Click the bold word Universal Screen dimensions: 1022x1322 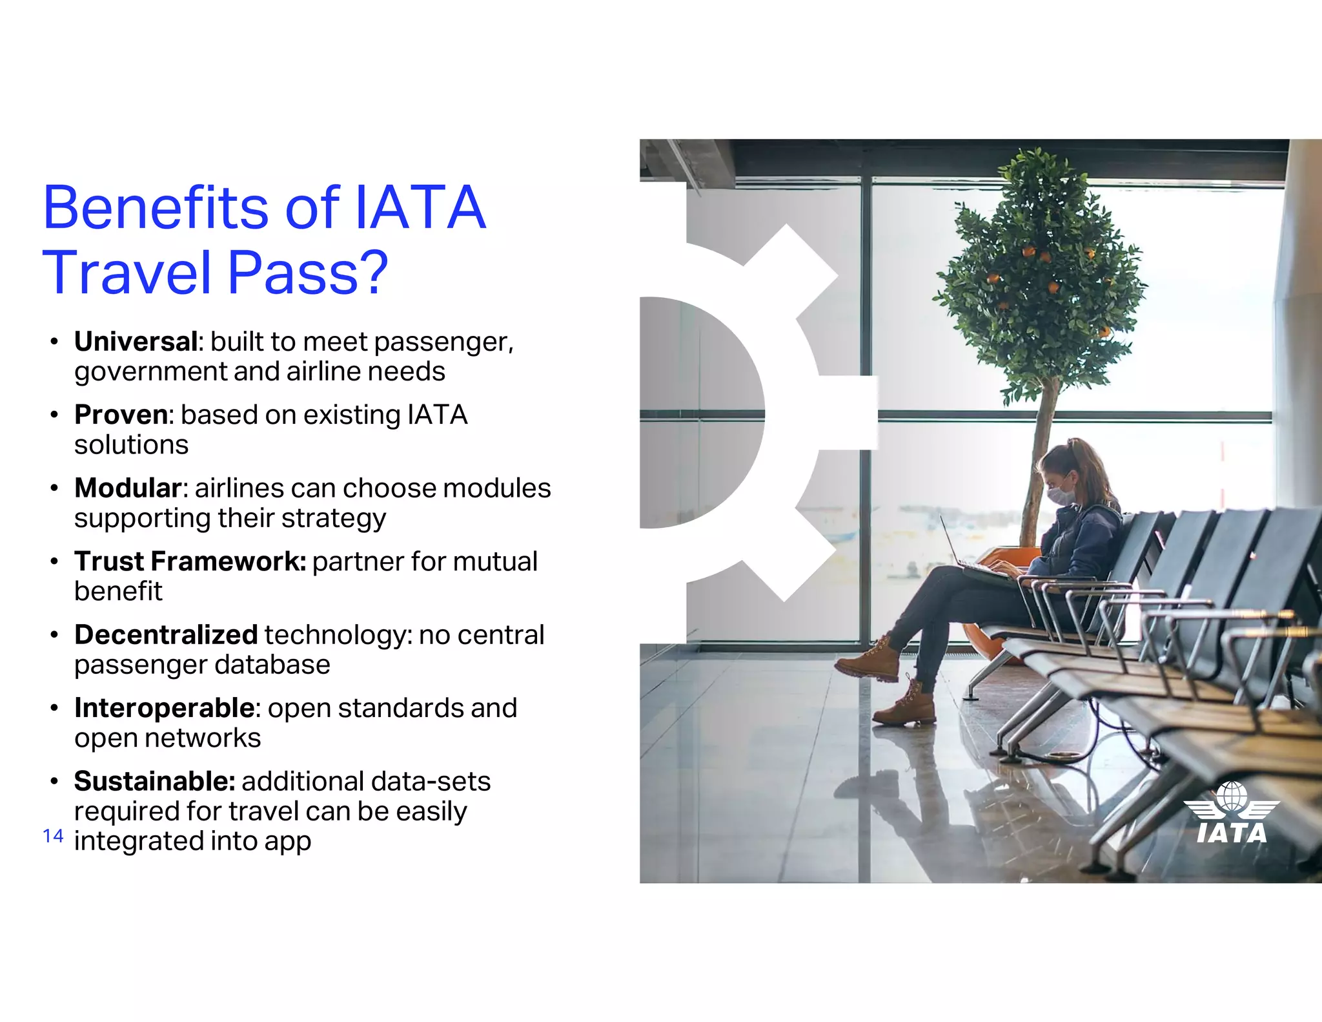[136, 342]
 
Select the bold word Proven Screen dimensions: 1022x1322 [121, 415]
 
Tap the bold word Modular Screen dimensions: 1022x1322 [128, 488]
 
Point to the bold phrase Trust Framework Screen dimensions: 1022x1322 [190, 561]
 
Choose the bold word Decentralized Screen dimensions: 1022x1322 [166, 635]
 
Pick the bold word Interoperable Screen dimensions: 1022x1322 [165, 708]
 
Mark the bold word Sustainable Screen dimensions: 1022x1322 [154, 782]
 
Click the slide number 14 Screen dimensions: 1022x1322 [53, 836]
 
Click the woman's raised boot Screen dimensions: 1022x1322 [868, 660]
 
